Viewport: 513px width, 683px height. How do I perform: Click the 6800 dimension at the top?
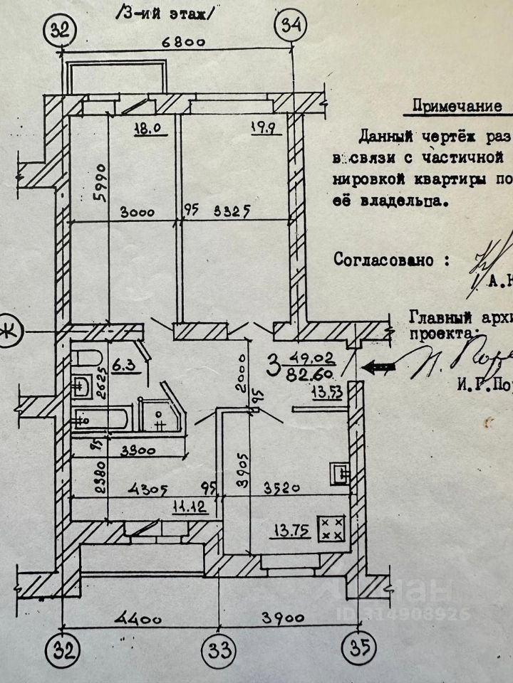182,42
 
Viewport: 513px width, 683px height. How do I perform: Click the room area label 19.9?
242,130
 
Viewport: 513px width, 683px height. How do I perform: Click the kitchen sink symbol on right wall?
339,472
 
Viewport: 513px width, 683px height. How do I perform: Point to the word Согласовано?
382,259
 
